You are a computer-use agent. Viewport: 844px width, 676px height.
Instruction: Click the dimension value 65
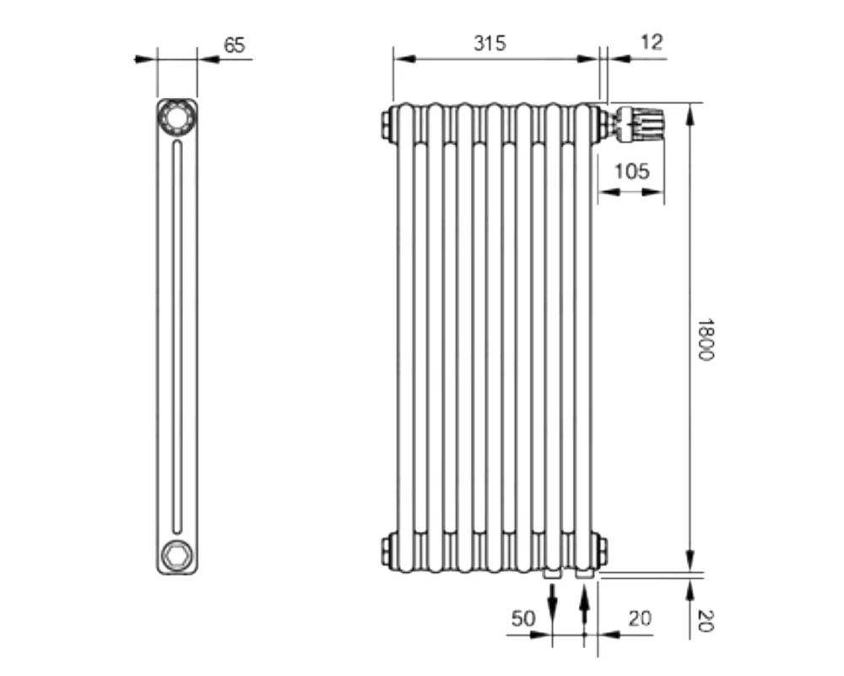(234, 46)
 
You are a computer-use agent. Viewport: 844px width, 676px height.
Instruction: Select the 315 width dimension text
(490, 43)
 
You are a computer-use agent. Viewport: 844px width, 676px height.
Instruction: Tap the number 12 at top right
(652, 42)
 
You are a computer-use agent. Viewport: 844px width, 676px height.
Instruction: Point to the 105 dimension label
(632, 172)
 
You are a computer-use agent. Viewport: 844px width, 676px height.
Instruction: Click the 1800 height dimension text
(705, 340)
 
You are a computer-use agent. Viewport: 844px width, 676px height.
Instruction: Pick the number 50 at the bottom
(523, 619)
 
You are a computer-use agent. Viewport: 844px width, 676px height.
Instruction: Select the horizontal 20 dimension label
(640, 619)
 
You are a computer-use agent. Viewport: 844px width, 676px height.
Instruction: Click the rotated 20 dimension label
(705, 620)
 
